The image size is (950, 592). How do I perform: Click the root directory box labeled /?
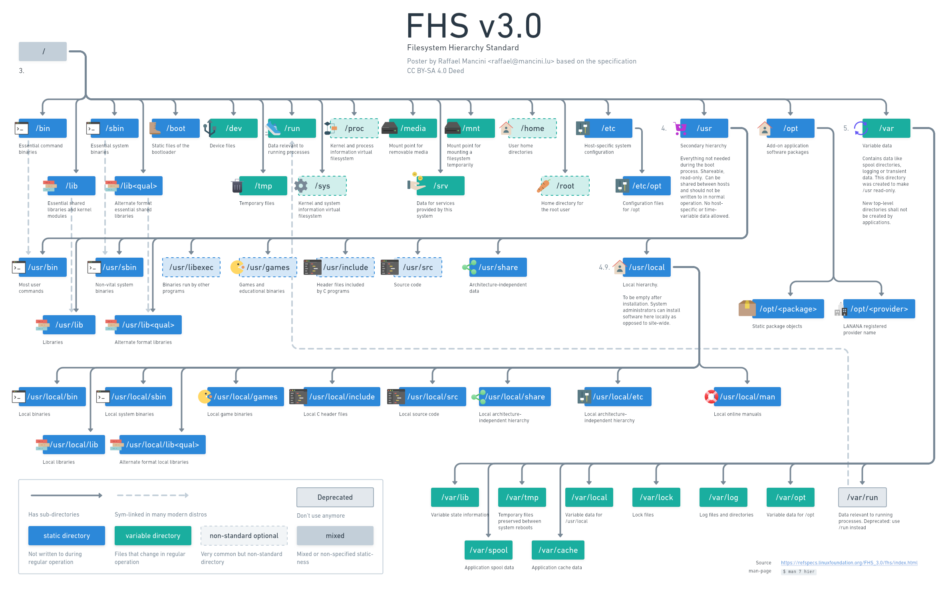pyautogui.click(x=43, y=52)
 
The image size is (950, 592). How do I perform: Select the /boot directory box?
pyautogui.click(x=176, y=128)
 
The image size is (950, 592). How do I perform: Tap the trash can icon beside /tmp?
pyautogui.click(x=237, y=186)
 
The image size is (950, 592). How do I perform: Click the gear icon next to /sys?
pyautogui.click(x=301, y=186)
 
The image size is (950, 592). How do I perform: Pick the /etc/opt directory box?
pyautogui.click(x=646, y=186)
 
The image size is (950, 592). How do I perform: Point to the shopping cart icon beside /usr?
pyautogui.click(x=679, y=128)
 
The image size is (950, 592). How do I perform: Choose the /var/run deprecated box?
pyautogui.click(x=862, y=497)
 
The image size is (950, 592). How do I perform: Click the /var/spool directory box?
pyautogui.click(x=488, y=550)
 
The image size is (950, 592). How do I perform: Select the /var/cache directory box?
pyautogui.click(x=558, y=550)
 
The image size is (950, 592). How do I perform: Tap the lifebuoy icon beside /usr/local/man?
pyautogui.click(x=711, y=397)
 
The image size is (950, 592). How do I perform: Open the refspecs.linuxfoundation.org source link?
pyautogui.click(x=849, y=563)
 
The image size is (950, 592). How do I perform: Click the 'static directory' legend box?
pyautogui.click(x=67, y=536)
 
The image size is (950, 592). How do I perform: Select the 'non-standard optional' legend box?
pyautogui.click(x=244, y=536)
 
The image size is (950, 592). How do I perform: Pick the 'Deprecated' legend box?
pyautogui.click(x=335, y=497)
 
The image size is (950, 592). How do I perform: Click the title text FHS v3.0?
pyautogui.click(x=474, y=26)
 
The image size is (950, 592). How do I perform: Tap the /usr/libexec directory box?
pyautogui.click(x=191, y=267)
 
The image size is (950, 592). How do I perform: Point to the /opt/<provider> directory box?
pyautogui.click(x=879, y=309)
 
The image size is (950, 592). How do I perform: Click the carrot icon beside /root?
pyautogui.click(x=543, y=186)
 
